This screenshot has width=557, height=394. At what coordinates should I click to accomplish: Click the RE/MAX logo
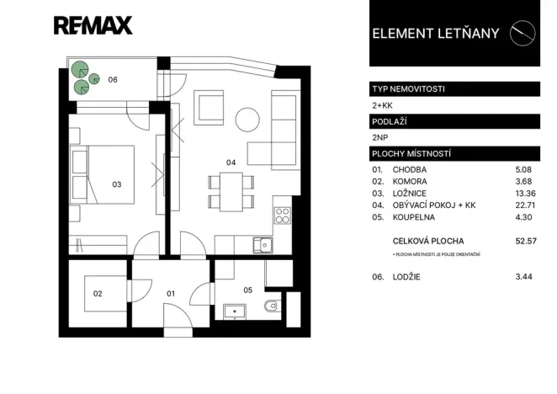pos(93,25)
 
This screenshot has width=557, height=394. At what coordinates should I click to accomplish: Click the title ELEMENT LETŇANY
pos(435,34)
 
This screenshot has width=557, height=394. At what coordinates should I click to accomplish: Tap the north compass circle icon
pos(526,32)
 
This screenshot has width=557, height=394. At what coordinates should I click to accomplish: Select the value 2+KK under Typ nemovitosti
pos(382,105)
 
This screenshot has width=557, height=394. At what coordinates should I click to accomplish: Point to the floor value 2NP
pos(380,137)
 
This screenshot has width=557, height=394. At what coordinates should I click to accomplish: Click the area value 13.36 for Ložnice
pos(526,193)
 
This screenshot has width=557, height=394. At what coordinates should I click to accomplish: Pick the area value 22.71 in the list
pos(526,205)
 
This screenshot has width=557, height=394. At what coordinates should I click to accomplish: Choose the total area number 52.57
pos(526,241)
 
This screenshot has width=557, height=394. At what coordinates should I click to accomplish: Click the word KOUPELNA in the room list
pos(410,216)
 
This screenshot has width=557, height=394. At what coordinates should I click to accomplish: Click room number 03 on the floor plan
pos(117,184)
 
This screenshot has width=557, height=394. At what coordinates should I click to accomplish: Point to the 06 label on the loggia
pos(112,80)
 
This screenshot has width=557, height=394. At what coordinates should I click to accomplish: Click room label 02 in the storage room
pos(98,293)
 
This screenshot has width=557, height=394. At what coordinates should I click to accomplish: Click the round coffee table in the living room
pos(247,118)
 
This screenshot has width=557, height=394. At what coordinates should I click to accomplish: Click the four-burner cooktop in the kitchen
pos(282,216)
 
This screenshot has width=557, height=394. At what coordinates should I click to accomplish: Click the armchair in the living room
pos(208,109)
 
